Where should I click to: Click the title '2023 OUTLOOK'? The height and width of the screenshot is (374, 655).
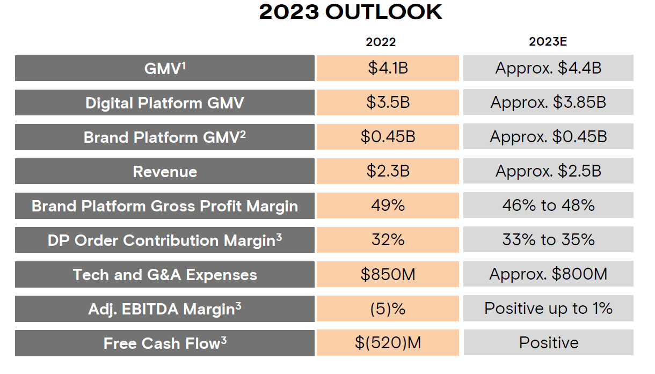350,12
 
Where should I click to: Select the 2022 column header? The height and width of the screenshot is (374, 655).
381,42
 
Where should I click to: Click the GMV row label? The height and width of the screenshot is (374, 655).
165,68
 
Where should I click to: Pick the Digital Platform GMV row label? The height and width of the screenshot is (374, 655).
165,102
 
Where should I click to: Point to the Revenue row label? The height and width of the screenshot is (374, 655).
165,171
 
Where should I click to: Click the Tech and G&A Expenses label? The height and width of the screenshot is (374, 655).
165,274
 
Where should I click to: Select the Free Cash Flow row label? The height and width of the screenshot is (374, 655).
165,343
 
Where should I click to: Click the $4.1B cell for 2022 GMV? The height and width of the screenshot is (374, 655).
388,68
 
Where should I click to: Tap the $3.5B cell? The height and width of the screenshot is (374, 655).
388,102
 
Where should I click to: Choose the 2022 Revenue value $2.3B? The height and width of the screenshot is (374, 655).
388,171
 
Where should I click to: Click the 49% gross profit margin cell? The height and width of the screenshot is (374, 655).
388,206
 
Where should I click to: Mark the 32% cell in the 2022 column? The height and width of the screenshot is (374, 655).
388,240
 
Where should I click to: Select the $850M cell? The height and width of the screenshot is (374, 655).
388,274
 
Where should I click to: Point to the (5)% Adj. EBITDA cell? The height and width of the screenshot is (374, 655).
388,309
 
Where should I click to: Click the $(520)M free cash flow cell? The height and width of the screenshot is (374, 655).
388,343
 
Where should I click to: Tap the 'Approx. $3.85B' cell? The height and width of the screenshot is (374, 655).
548,102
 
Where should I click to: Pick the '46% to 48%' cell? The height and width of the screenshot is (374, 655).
548,206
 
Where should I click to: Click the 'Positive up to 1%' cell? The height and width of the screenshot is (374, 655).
548,309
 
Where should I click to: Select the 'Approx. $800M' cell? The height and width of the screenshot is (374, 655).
548,274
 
